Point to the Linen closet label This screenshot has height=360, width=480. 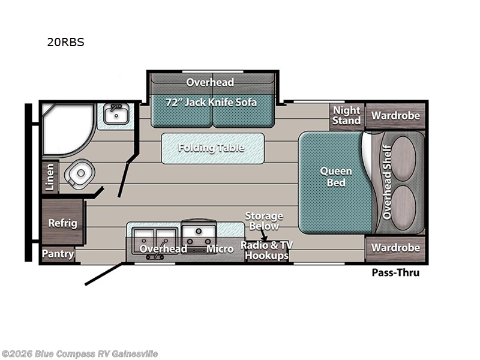click(x=50, y=178)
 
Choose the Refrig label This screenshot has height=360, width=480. click(x=62, y=223)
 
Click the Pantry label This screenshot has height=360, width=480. click(x=58, y=254)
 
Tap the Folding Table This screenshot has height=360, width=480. click(x=212, y=148)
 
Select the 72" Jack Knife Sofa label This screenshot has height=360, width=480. click(x=211, y=102)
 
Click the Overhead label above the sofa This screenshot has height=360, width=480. click(x=210, y=82)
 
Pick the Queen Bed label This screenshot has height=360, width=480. click(x=336, y=176)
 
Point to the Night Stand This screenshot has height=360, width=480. click(x=347, y=115)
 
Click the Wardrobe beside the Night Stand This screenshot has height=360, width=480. click(x=395, y=115)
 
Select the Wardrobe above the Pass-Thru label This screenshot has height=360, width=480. click(x=395, y=247)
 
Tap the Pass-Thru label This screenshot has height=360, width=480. click(x=395, y=273)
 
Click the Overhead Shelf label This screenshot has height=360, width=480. click(x=387, y=182)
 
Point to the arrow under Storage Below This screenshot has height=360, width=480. click(x=264, y=238)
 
